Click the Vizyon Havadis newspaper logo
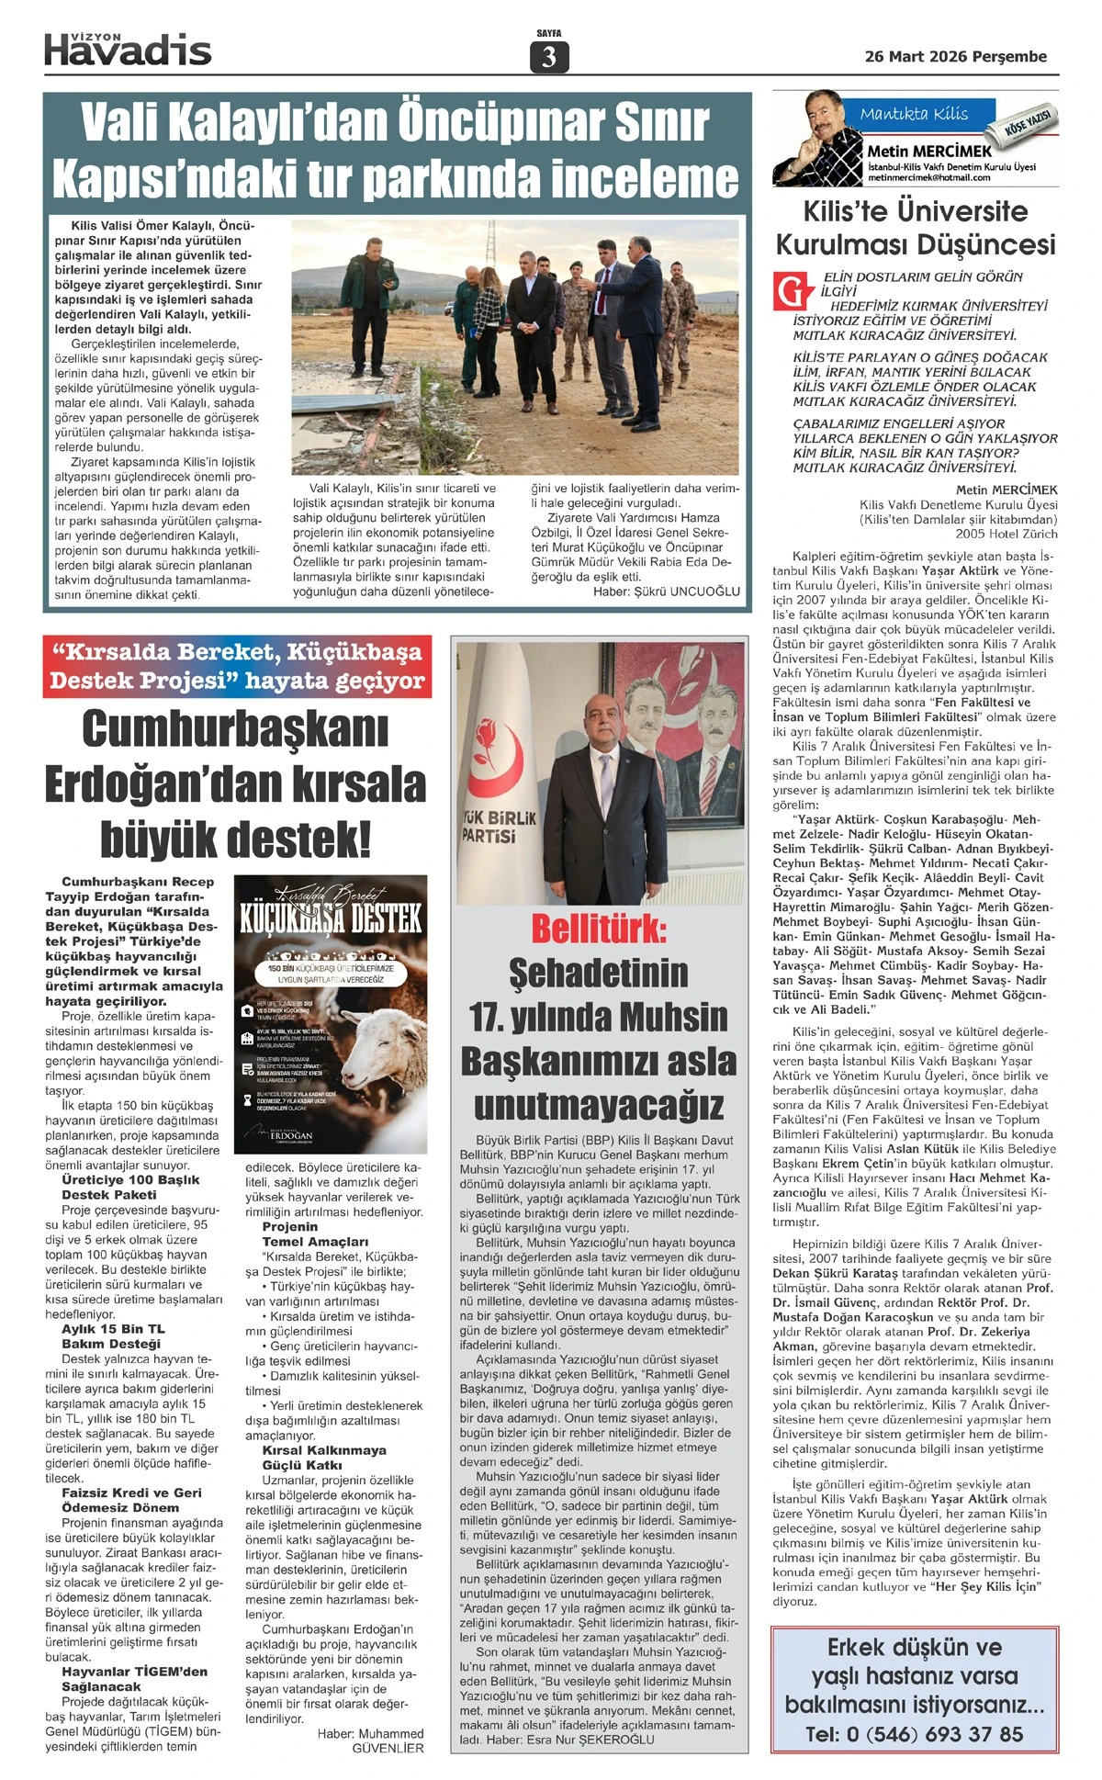click(128, 49)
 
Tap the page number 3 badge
click(549, 57)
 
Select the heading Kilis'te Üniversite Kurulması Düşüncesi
click(916, 228)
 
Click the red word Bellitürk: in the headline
click(599, 929)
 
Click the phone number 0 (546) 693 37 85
click(915, 1734)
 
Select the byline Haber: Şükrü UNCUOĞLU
click(666, 591)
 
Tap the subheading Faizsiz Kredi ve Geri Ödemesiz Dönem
click(130, 1500)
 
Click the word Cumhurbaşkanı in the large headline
click(235, 729)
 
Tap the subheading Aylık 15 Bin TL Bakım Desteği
click(112, 1336)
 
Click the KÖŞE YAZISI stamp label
click(1030, 122)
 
